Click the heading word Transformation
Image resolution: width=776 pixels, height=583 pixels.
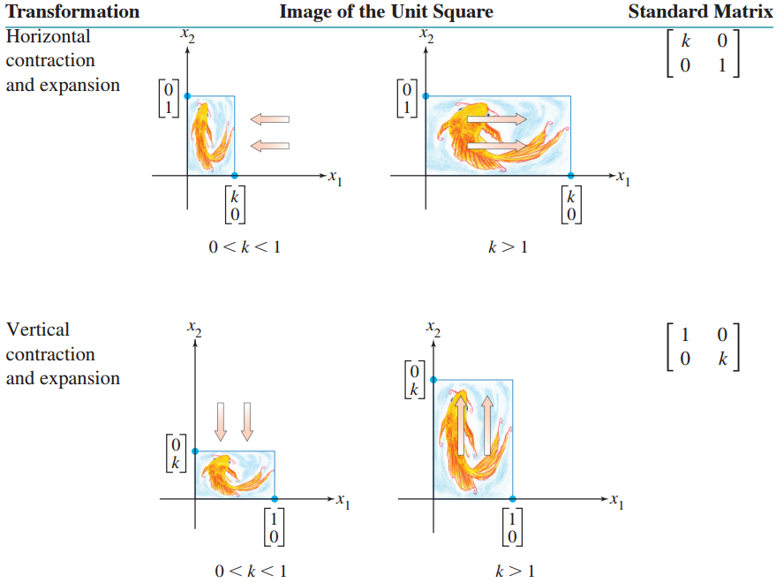coord(72,11)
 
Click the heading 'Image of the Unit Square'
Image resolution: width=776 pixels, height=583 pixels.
coord(386,11)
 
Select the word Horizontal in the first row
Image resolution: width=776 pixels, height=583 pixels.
coord(48,36)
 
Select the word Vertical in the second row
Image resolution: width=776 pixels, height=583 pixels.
coord(38,329)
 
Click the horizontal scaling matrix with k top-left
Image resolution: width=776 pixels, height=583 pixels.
coord(703,55)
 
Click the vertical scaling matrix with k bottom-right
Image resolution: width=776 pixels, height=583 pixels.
coord(703,347)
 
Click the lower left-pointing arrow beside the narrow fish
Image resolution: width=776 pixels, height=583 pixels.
coord(269,145)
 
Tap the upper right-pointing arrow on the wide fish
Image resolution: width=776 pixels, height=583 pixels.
coord(496,118)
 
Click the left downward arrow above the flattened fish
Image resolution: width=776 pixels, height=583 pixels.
coord(222,421)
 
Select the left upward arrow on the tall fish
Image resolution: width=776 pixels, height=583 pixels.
coord(459,425)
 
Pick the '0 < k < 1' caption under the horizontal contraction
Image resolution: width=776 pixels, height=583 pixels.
coord(245,247)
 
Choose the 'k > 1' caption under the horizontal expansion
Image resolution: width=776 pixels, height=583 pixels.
coord(508,247)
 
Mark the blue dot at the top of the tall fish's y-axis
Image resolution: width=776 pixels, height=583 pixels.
coord(433,379)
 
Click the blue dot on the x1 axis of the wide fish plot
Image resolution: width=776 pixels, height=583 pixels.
coord(570,176)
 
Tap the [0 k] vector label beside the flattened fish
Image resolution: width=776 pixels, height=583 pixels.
coord(177,452)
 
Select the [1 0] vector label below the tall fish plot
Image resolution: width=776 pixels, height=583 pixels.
coord(513,527)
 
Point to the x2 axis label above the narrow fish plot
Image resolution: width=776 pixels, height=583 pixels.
coord(186,37)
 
